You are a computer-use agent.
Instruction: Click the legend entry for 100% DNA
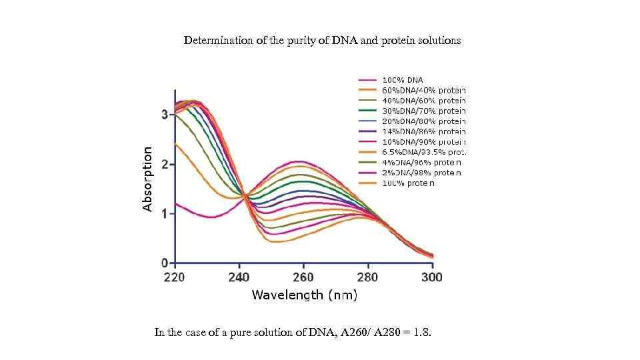[402, 80]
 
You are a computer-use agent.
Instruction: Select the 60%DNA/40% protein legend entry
[423, 90]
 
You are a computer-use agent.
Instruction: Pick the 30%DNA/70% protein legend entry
[423, 111]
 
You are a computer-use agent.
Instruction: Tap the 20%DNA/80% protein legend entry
[423, 121]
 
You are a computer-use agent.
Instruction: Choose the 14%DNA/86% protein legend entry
[423, 131]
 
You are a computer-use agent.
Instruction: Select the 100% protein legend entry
[408, 183]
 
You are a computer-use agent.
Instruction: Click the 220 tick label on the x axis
[175, 277]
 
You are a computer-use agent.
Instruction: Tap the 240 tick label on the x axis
[239, 277]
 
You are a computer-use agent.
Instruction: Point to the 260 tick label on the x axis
[303, 277]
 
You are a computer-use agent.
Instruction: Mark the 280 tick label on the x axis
[367, 277]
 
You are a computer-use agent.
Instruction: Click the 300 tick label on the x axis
[432, 277]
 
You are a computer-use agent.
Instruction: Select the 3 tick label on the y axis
[164, 115]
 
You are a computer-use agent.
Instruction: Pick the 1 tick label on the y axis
[164, 213]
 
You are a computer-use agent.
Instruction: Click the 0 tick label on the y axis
[164, 263]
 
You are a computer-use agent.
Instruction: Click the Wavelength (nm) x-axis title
[304, 295]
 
